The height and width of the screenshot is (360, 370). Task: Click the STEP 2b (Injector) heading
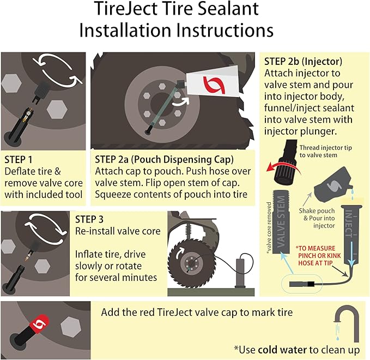click(303, 61)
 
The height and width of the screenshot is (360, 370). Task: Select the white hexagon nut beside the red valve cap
click(71, 327)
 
